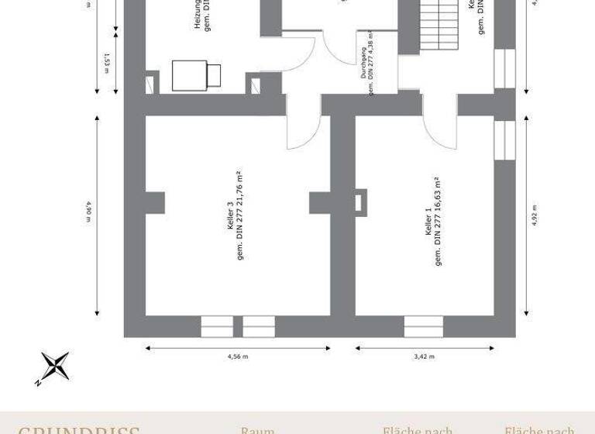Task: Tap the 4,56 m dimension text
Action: point(237,356)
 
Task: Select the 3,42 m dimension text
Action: point(424,356)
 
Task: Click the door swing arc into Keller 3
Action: point(301,132)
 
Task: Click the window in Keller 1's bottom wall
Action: point(428,327)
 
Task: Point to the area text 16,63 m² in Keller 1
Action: point(439,200)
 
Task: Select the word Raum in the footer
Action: point(257,429)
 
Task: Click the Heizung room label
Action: point(198,15)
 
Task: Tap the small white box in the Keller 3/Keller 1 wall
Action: point(359,203)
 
